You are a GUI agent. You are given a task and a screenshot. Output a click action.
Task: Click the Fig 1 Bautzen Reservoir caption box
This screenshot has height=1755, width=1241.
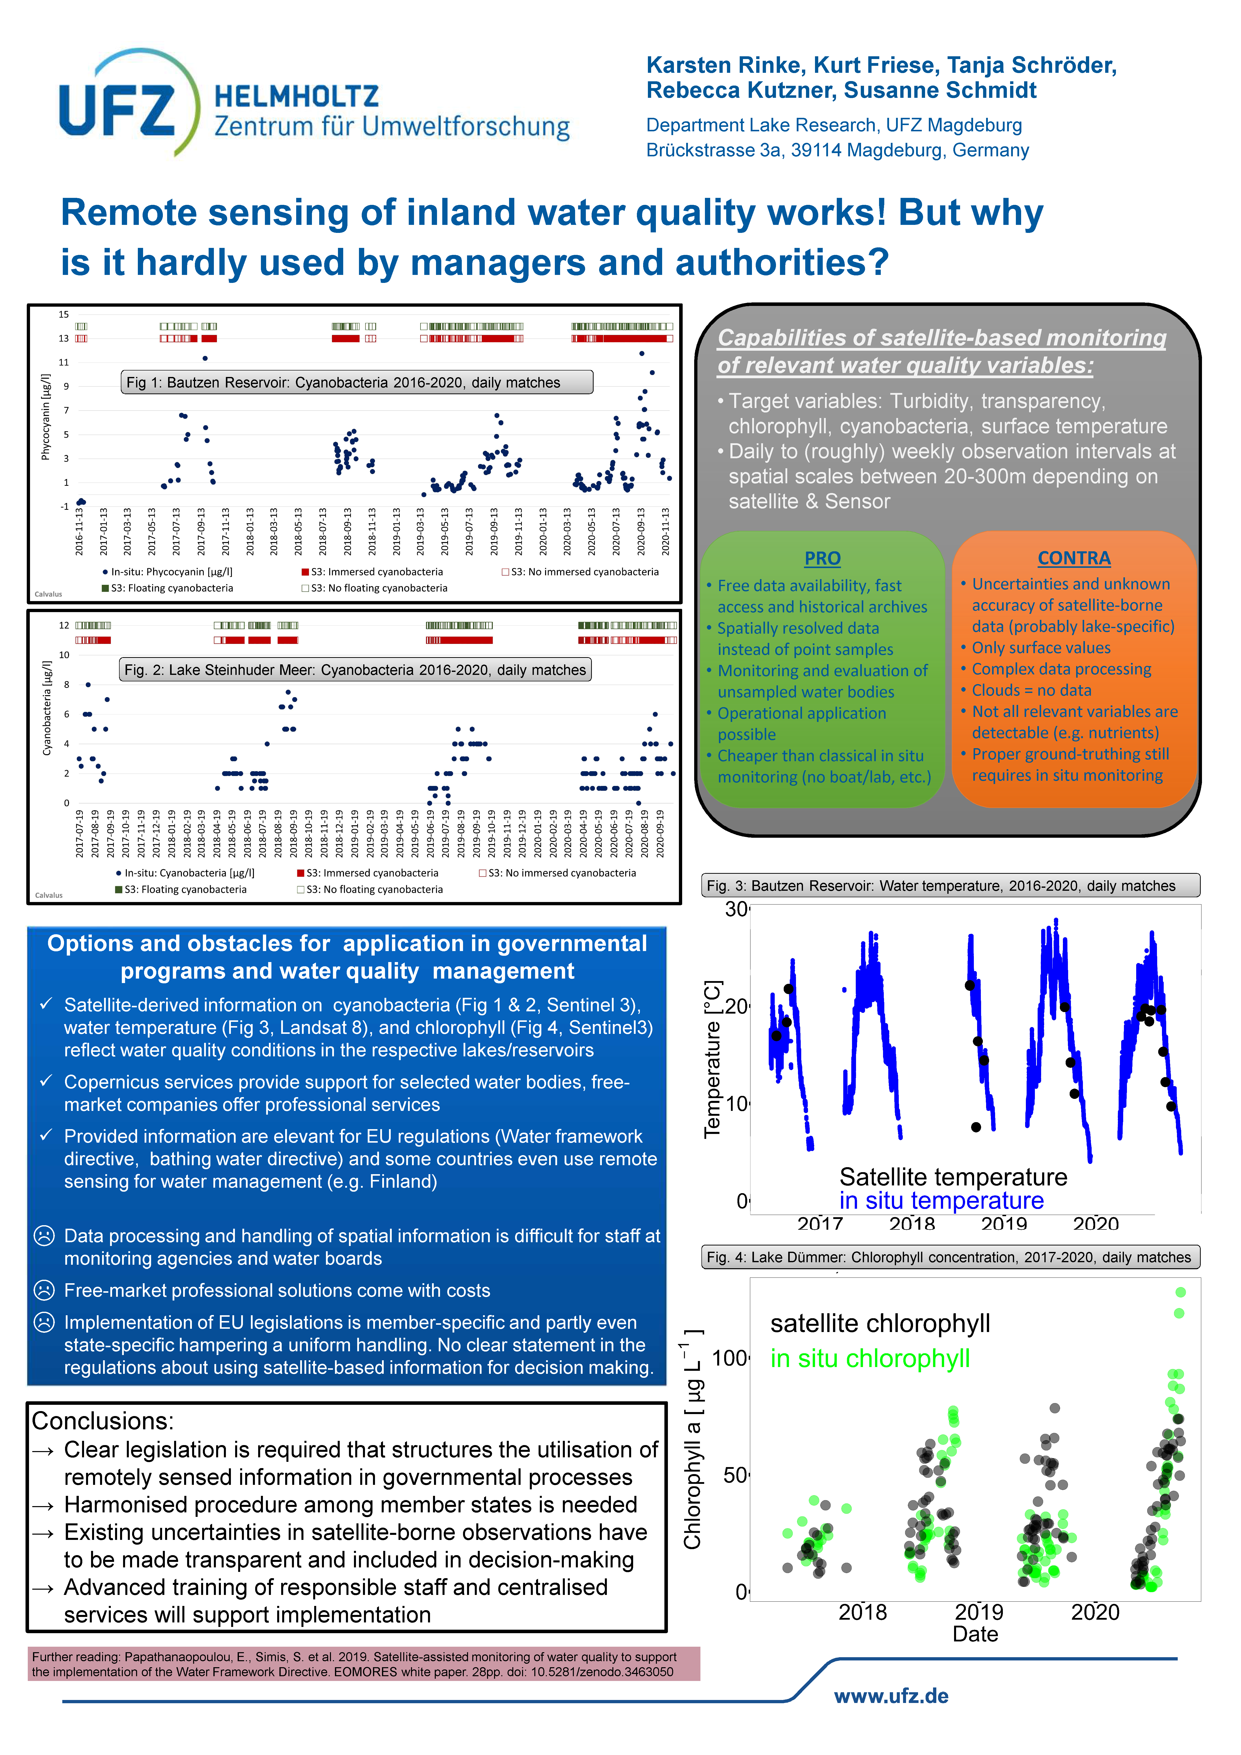[356, 382]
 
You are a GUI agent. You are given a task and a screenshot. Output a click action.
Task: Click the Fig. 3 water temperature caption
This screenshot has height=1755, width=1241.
[950, 885]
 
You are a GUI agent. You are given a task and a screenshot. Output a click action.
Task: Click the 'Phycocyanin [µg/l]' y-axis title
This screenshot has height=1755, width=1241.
[45, 416]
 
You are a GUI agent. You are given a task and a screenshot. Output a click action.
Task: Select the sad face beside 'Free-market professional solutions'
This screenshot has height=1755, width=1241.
[44, 1290]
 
